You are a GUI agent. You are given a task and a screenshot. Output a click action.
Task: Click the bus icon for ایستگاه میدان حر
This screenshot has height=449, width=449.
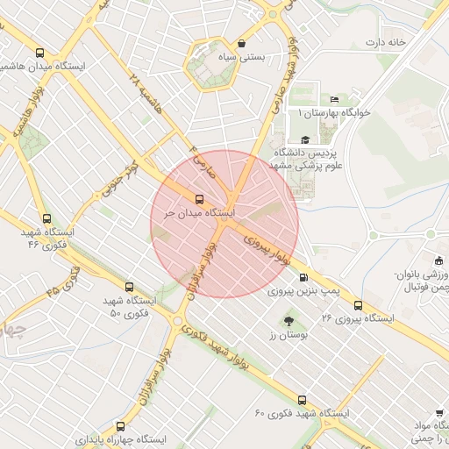pos(200,199)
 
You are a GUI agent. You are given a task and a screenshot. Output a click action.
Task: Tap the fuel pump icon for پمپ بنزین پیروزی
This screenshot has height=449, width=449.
pos(303,277)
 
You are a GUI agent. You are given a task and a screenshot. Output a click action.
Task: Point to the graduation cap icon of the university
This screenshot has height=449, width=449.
pos(305,139)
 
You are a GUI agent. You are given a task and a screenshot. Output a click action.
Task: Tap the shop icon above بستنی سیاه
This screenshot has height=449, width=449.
pos(241,43)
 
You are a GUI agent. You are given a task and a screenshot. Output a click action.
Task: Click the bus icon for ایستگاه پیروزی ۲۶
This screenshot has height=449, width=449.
pos(357,305)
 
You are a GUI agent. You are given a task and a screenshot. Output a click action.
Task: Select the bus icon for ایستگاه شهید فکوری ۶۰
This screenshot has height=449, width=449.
pos(302,399)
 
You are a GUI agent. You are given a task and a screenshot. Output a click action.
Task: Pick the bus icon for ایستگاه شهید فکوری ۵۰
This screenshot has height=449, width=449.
pos(130,287)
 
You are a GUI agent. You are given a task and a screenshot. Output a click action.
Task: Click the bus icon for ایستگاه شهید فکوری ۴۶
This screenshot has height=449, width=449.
pos(46,219)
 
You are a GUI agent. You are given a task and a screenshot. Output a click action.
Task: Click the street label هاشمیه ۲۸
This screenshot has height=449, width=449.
pos(146,96)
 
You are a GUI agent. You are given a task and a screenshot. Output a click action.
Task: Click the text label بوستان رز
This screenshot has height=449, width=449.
pos(285,336)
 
